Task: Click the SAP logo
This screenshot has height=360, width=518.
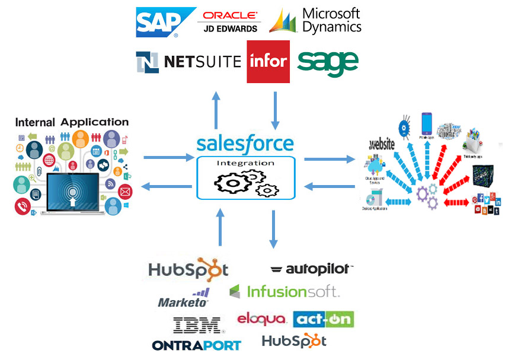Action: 158,22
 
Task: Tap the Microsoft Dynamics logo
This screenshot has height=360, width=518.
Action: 315,20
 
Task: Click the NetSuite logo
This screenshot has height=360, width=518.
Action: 188,61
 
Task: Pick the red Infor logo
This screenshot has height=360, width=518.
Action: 268,62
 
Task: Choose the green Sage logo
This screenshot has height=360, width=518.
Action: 328,62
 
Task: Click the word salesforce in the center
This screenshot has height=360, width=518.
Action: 245,144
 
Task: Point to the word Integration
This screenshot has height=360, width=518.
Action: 245,163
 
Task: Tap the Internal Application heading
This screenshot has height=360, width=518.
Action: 72,122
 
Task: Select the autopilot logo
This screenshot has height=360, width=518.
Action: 312,269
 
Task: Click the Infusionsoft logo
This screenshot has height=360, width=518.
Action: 284,291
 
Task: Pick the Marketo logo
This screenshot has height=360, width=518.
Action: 184,298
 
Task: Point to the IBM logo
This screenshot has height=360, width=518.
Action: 197,325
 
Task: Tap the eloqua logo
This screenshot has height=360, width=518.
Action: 262,319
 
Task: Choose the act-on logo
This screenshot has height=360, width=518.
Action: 324,319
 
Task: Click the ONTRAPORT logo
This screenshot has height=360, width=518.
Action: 196,345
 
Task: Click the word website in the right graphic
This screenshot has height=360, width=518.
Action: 382,144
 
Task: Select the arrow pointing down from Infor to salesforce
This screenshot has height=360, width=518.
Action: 274,110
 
